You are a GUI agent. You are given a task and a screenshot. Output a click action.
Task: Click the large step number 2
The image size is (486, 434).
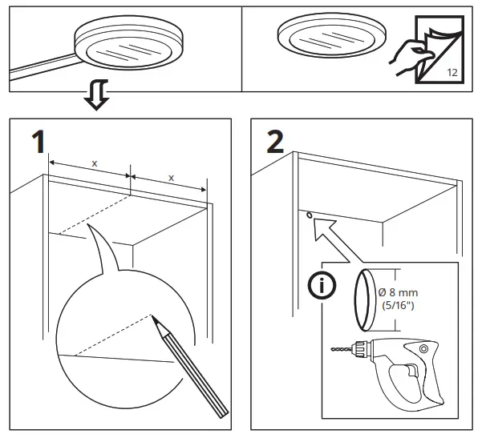(274, 143)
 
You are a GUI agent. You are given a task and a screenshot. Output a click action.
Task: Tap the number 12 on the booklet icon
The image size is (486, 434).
(451, 72)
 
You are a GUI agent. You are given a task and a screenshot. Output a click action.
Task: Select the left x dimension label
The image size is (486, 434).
(94, 163)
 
